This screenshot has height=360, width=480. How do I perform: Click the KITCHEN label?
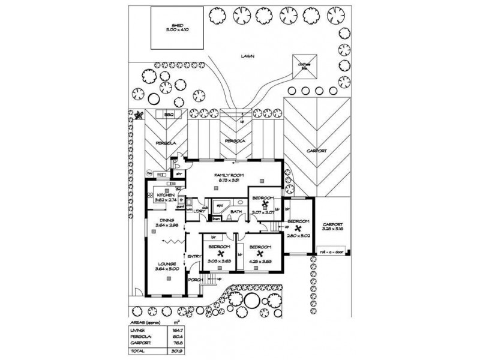165,196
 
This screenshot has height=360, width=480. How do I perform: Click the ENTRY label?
194,257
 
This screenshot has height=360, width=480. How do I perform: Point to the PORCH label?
194,280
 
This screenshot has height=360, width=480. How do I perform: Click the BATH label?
236,211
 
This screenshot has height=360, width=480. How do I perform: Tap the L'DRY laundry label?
200,211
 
